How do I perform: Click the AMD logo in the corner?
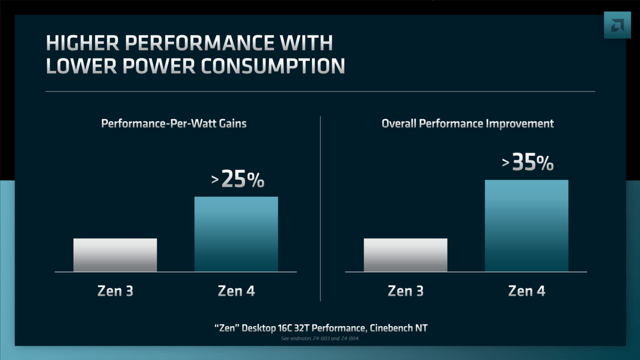[617, 24]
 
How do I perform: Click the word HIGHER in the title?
[82, 43]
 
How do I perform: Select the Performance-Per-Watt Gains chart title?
[173, 123]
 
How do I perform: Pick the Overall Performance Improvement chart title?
[467, 123]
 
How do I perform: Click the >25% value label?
[238, 179]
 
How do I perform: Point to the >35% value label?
[528, 163]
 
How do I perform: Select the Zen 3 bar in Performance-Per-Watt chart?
[115, 255]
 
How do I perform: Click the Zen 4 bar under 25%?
[236, 234]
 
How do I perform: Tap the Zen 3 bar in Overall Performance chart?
[405, 255]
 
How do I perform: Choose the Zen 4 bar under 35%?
[526, 226]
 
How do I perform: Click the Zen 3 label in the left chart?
[115, 291]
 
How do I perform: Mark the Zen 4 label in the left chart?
[236, 291]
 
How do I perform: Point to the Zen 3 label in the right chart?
[405, 291]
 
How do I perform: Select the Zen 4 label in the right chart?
[526, 291]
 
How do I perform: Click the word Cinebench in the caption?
[389, 328]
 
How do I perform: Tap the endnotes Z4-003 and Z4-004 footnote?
[320, 338]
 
